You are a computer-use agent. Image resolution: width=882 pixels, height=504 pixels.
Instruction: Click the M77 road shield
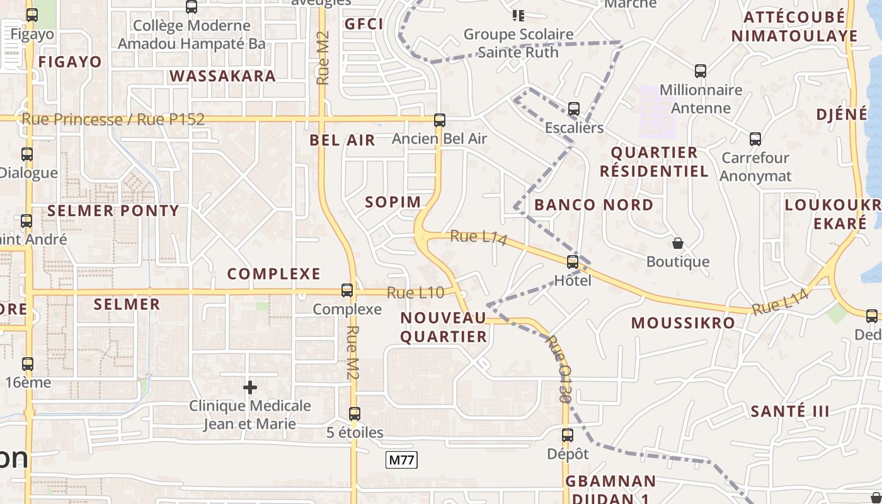402,460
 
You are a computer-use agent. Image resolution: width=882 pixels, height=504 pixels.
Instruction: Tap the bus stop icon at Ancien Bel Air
440,120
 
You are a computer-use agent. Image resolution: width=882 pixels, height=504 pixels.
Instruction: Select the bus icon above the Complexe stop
347,290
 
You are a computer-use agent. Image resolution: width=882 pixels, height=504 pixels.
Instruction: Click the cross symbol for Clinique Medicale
250,387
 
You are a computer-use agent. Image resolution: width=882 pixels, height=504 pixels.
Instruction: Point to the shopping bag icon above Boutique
678,243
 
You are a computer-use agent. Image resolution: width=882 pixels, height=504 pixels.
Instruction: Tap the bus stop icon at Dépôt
568,435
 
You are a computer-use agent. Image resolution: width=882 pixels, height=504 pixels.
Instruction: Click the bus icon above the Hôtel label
573,261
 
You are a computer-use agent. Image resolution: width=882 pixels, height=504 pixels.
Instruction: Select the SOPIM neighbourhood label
393,202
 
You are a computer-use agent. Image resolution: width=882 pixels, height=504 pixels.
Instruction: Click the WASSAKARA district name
222,76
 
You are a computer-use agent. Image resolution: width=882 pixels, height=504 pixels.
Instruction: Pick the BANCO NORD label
594,205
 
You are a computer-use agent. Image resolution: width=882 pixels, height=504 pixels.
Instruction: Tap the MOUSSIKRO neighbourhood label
683,323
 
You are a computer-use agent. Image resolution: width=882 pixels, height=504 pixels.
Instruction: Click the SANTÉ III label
790,411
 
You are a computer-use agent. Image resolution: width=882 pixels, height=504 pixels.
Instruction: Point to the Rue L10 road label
415,292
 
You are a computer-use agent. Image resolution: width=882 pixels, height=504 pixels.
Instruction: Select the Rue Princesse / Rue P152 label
113,119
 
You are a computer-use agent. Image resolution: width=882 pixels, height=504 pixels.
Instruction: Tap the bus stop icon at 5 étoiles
355,413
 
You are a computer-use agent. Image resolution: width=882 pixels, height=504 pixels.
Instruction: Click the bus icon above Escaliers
574,108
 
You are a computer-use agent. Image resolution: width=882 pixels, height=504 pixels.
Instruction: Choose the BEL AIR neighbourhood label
342,140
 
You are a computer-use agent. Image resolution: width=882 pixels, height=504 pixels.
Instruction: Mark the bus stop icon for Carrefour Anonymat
755,139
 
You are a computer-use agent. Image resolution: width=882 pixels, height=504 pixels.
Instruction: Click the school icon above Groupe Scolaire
518,15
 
